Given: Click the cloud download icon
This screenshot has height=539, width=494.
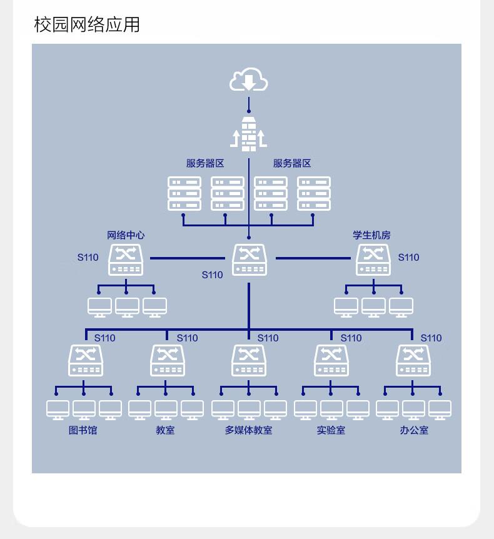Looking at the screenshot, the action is click(x=248, y=79).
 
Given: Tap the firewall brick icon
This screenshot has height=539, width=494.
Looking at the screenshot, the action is click(x=248, y=134).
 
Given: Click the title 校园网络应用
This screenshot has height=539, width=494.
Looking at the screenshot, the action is click(x=87, y=24).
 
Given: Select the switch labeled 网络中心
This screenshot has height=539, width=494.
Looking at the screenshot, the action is click(x=126, y=260).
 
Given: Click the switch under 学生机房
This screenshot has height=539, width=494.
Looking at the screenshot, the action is click(x=373, y=260).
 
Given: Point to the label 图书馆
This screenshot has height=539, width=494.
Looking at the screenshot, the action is click(x=83, y=430).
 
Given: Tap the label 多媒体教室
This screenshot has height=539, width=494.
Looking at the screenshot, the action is click(x=248, y=430).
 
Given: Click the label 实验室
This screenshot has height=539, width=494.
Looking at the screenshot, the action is click(x=331, y=430).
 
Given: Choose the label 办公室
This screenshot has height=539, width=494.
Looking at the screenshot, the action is click(x=414, y=430).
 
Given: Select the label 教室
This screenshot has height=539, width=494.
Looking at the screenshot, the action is click(x=165, y=430).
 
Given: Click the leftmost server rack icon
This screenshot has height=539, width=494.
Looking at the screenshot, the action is click(x=184, y=194).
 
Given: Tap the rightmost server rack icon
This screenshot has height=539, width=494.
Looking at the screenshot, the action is click(x=314, y=194).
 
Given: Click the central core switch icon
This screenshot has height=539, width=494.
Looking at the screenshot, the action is click(x=250, y=260).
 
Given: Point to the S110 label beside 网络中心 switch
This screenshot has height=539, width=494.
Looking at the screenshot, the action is click(x=88, y=258).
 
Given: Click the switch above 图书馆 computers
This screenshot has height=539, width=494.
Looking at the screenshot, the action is click(x=86, y=361).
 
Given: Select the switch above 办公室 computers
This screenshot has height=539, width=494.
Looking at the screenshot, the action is click(x=413, y=361).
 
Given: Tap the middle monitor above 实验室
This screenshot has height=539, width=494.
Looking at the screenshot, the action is click(x=331, y=410).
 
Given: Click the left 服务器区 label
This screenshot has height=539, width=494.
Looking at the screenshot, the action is click(x=205, y=163).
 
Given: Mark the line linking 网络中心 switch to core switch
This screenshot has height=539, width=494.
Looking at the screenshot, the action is click(x=188, y=258).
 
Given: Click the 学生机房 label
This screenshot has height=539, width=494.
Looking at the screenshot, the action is click(x=371, y=235).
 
